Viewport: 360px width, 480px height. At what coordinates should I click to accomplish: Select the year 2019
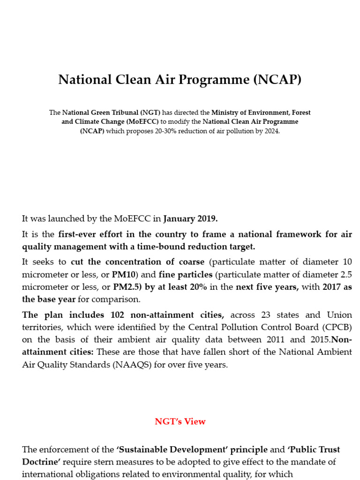[x=207, y=218]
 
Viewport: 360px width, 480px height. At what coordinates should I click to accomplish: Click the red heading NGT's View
[x=180, y=421]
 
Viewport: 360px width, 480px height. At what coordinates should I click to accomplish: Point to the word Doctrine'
[x=41, y=462]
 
